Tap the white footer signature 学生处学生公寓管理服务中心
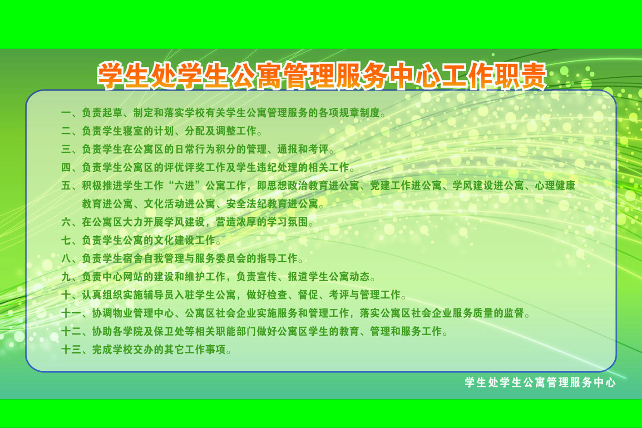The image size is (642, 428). click(540, 383)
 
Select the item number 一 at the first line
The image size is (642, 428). click(66, 113)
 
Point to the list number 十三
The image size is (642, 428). click(71, 349)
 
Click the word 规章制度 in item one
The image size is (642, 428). click(359, 113)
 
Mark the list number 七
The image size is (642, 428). click(66, 240)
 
